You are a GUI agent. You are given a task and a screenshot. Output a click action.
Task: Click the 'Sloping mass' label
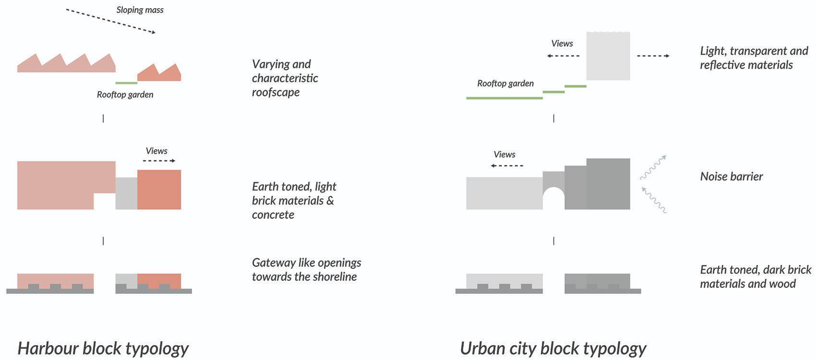pos(140,10)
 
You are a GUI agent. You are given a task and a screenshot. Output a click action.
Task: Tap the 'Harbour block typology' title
pos(103,348)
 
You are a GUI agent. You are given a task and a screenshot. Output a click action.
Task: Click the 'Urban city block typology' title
pos(553,348)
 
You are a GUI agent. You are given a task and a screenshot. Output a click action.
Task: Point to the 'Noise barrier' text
pos(731,176)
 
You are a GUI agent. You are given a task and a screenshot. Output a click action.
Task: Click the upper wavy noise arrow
pos(654,167)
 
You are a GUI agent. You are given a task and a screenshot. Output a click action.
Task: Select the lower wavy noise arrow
pos(654,200)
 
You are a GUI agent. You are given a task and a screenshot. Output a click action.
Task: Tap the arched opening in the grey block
pos(553,199)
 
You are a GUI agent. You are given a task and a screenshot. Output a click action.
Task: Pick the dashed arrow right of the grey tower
pos(653,56)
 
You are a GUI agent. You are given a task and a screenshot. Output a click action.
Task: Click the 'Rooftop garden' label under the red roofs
pos(125,95)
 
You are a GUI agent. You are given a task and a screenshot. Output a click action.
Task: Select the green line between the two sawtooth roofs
pos(126,83)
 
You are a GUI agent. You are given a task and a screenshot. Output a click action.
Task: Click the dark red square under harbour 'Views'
pos(159,190)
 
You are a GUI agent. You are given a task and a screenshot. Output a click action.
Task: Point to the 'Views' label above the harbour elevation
pos(156,151)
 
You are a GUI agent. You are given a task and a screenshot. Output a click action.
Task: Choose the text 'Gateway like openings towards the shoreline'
pos(306,270)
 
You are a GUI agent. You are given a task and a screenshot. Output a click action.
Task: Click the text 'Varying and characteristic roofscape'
pos(285,78)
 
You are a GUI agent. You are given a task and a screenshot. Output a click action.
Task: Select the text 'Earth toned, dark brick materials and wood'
pos(755,276)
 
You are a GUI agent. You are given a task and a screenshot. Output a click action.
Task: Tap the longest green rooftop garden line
pos(504,98)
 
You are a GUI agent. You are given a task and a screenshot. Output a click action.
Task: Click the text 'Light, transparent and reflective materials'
pos(754,58)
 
